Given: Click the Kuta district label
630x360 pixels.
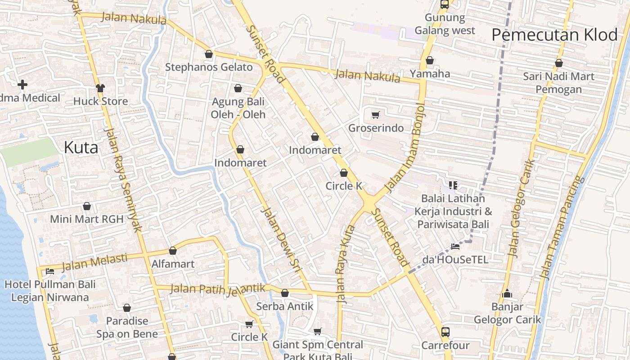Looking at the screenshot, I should click(x=81, y=147).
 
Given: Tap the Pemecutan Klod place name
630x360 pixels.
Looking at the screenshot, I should click(x=554, y=35).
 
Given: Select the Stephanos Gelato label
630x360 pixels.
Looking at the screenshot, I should click(x=209, y=67).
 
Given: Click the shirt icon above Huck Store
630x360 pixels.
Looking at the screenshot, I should click(x=100, y=88).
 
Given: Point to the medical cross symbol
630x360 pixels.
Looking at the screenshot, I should click(x=22, y=84).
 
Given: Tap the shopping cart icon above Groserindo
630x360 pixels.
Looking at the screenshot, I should click(x=376, y=115).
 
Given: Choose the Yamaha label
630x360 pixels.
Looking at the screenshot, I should click(x=430, y=73).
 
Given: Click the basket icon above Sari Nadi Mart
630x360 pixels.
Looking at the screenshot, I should click(x=559, y=63).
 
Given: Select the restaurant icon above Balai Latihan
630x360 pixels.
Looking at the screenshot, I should click(x=453, y=185).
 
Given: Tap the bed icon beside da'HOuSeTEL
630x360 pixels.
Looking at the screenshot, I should click(x=455, y=246).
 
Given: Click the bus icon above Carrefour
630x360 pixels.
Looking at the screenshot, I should click(x=445, y=332).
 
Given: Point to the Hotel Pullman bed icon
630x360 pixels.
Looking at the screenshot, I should click(x=49, y=271).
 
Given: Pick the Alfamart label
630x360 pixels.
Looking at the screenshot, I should click(x=173, y=264).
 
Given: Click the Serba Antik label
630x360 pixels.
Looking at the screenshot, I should click(x=284, y=306).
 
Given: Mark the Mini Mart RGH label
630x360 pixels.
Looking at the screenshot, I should click(x=86, y=219).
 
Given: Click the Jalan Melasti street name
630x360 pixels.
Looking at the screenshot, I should click(x=94, y=262).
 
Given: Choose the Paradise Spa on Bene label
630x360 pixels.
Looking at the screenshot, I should click(x=127, y=328).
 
